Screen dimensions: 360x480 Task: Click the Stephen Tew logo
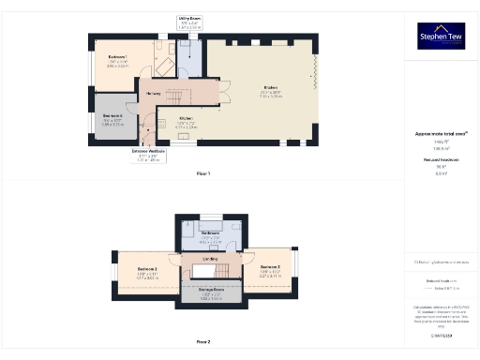pyautogui.click(x=440, y=36)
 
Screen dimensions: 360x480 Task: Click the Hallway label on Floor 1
pyautogui.click(x=155, y=93)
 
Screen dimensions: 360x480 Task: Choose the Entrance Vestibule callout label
pyautogui.click(x=149, y=151)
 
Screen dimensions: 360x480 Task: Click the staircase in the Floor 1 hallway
pyautogui.click(x=177, y=94)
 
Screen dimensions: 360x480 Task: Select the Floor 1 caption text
pyautogui.click(x=203, y=173)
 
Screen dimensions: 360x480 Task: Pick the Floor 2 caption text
pyautogui.click(x=203, y=342)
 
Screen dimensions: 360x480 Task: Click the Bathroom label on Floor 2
pyautogui.click(x=210, y=232)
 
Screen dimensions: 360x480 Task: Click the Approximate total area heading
pyautogui.click(x=440, y=135)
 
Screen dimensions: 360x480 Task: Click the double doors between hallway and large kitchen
pyautogui.click(x=226, y=93)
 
